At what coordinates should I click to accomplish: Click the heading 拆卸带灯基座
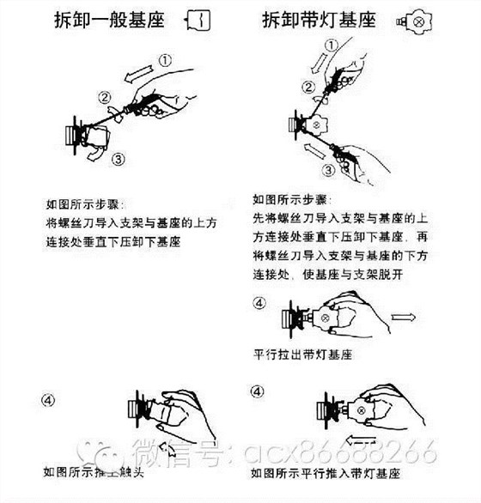(317, 18)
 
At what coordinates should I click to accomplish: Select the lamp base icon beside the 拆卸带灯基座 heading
(417, 19)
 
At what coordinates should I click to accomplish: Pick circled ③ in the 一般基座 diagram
(119, 157)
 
